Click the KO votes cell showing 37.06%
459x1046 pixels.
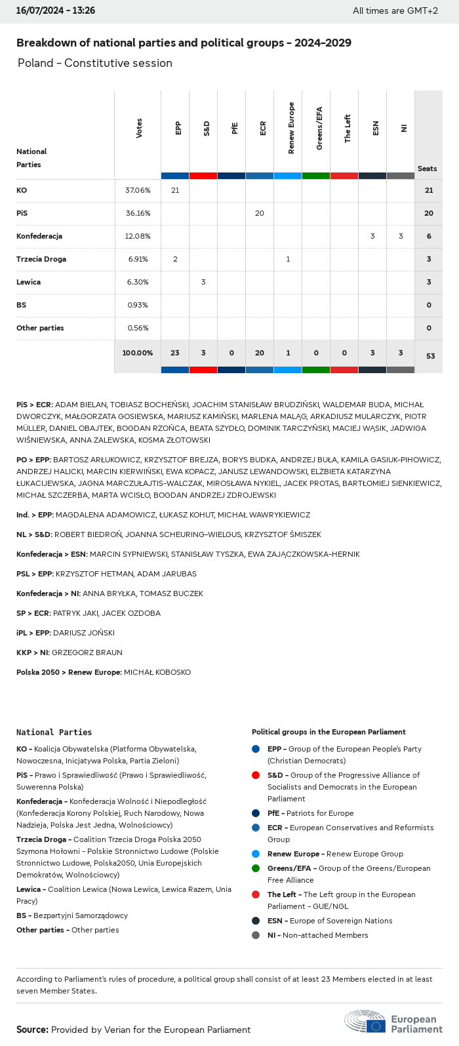coord(138,190)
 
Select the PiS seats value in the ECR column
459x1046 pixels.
coord(260,213)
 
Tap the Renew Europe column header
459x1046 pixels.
coord(291,129)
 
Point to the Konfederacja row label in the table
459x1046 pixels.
coord(39,236)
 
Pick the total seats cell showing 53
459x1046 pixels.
coord(430,356)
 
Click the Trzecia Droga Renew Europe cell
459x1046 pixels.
coord(288,259)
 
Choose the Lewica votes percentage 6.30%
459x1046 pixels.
coord(138,282)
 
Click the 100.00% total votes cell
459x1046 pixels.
coord(138,353)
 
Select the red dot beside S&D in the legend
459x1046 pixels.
coord(256,775)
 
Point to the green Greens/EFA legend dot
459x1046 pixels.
coord(256,868)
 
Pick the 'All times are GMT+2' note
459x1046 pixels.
coord(395,10)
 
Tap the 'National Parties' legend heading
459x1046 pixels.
coord(54,733)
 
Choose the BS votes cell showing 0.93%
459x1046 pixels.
coord(138,305)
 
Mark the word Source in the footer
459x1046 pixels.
coord(32,1030)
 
